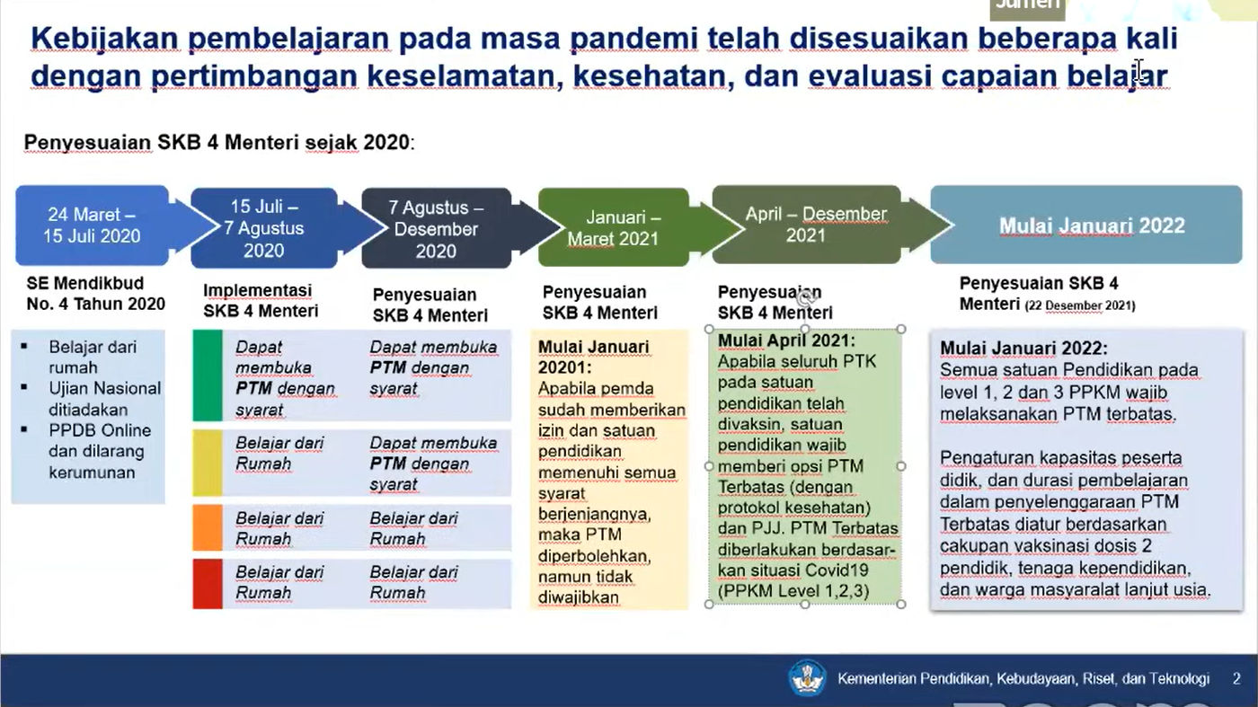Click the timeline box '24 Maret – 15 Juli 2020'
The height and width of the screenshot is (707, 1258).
click(x=92, y=225)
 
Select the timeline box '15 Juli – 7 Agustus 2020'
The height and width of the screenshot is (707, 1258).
click(x=264, y=228)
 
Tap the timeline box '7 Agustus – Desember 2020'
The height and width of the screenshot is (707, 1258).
click(x=437, y=228)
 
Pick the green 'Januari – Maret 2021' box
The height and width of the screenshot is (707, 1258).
click(x=613, y=227)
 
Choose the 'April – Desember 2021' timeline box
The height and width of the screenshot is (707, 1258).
click(x=806, y=225)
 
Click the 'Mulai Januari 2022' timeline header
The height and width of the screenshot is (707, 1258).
click(x=1086, y=225)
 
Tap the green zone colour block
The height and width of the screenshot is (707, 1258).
click(x=208, y=376)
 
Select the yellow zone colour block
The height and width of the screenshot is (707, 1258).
click(x=208, y=464)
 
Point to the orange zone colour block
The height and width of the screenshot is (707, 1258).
click(x=208, y=527)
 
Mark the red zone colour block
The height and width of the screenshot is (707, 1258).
click(x=208, y=583)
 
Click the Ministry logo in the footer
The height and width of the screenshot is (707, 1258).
click(x=807, y=677)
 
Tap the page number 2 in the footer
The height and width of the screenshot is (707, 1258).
click(x=1236, y=679)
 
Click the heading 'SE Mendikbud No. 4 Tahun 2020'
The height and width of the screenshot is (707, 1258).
click(x=95, y=293)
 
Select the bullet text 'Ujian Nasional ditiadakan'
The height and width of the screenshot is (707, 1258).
click(x=104, y=399)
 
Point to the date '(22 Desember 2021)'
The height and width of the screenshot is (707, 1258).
click(x=1080, y=305)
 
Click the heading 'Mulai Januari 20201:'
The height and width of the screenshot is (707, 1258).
click(x=594, y=358)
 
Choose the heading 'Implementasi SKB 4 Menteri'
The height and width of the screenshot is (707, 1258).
click(x=261, y=300)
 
